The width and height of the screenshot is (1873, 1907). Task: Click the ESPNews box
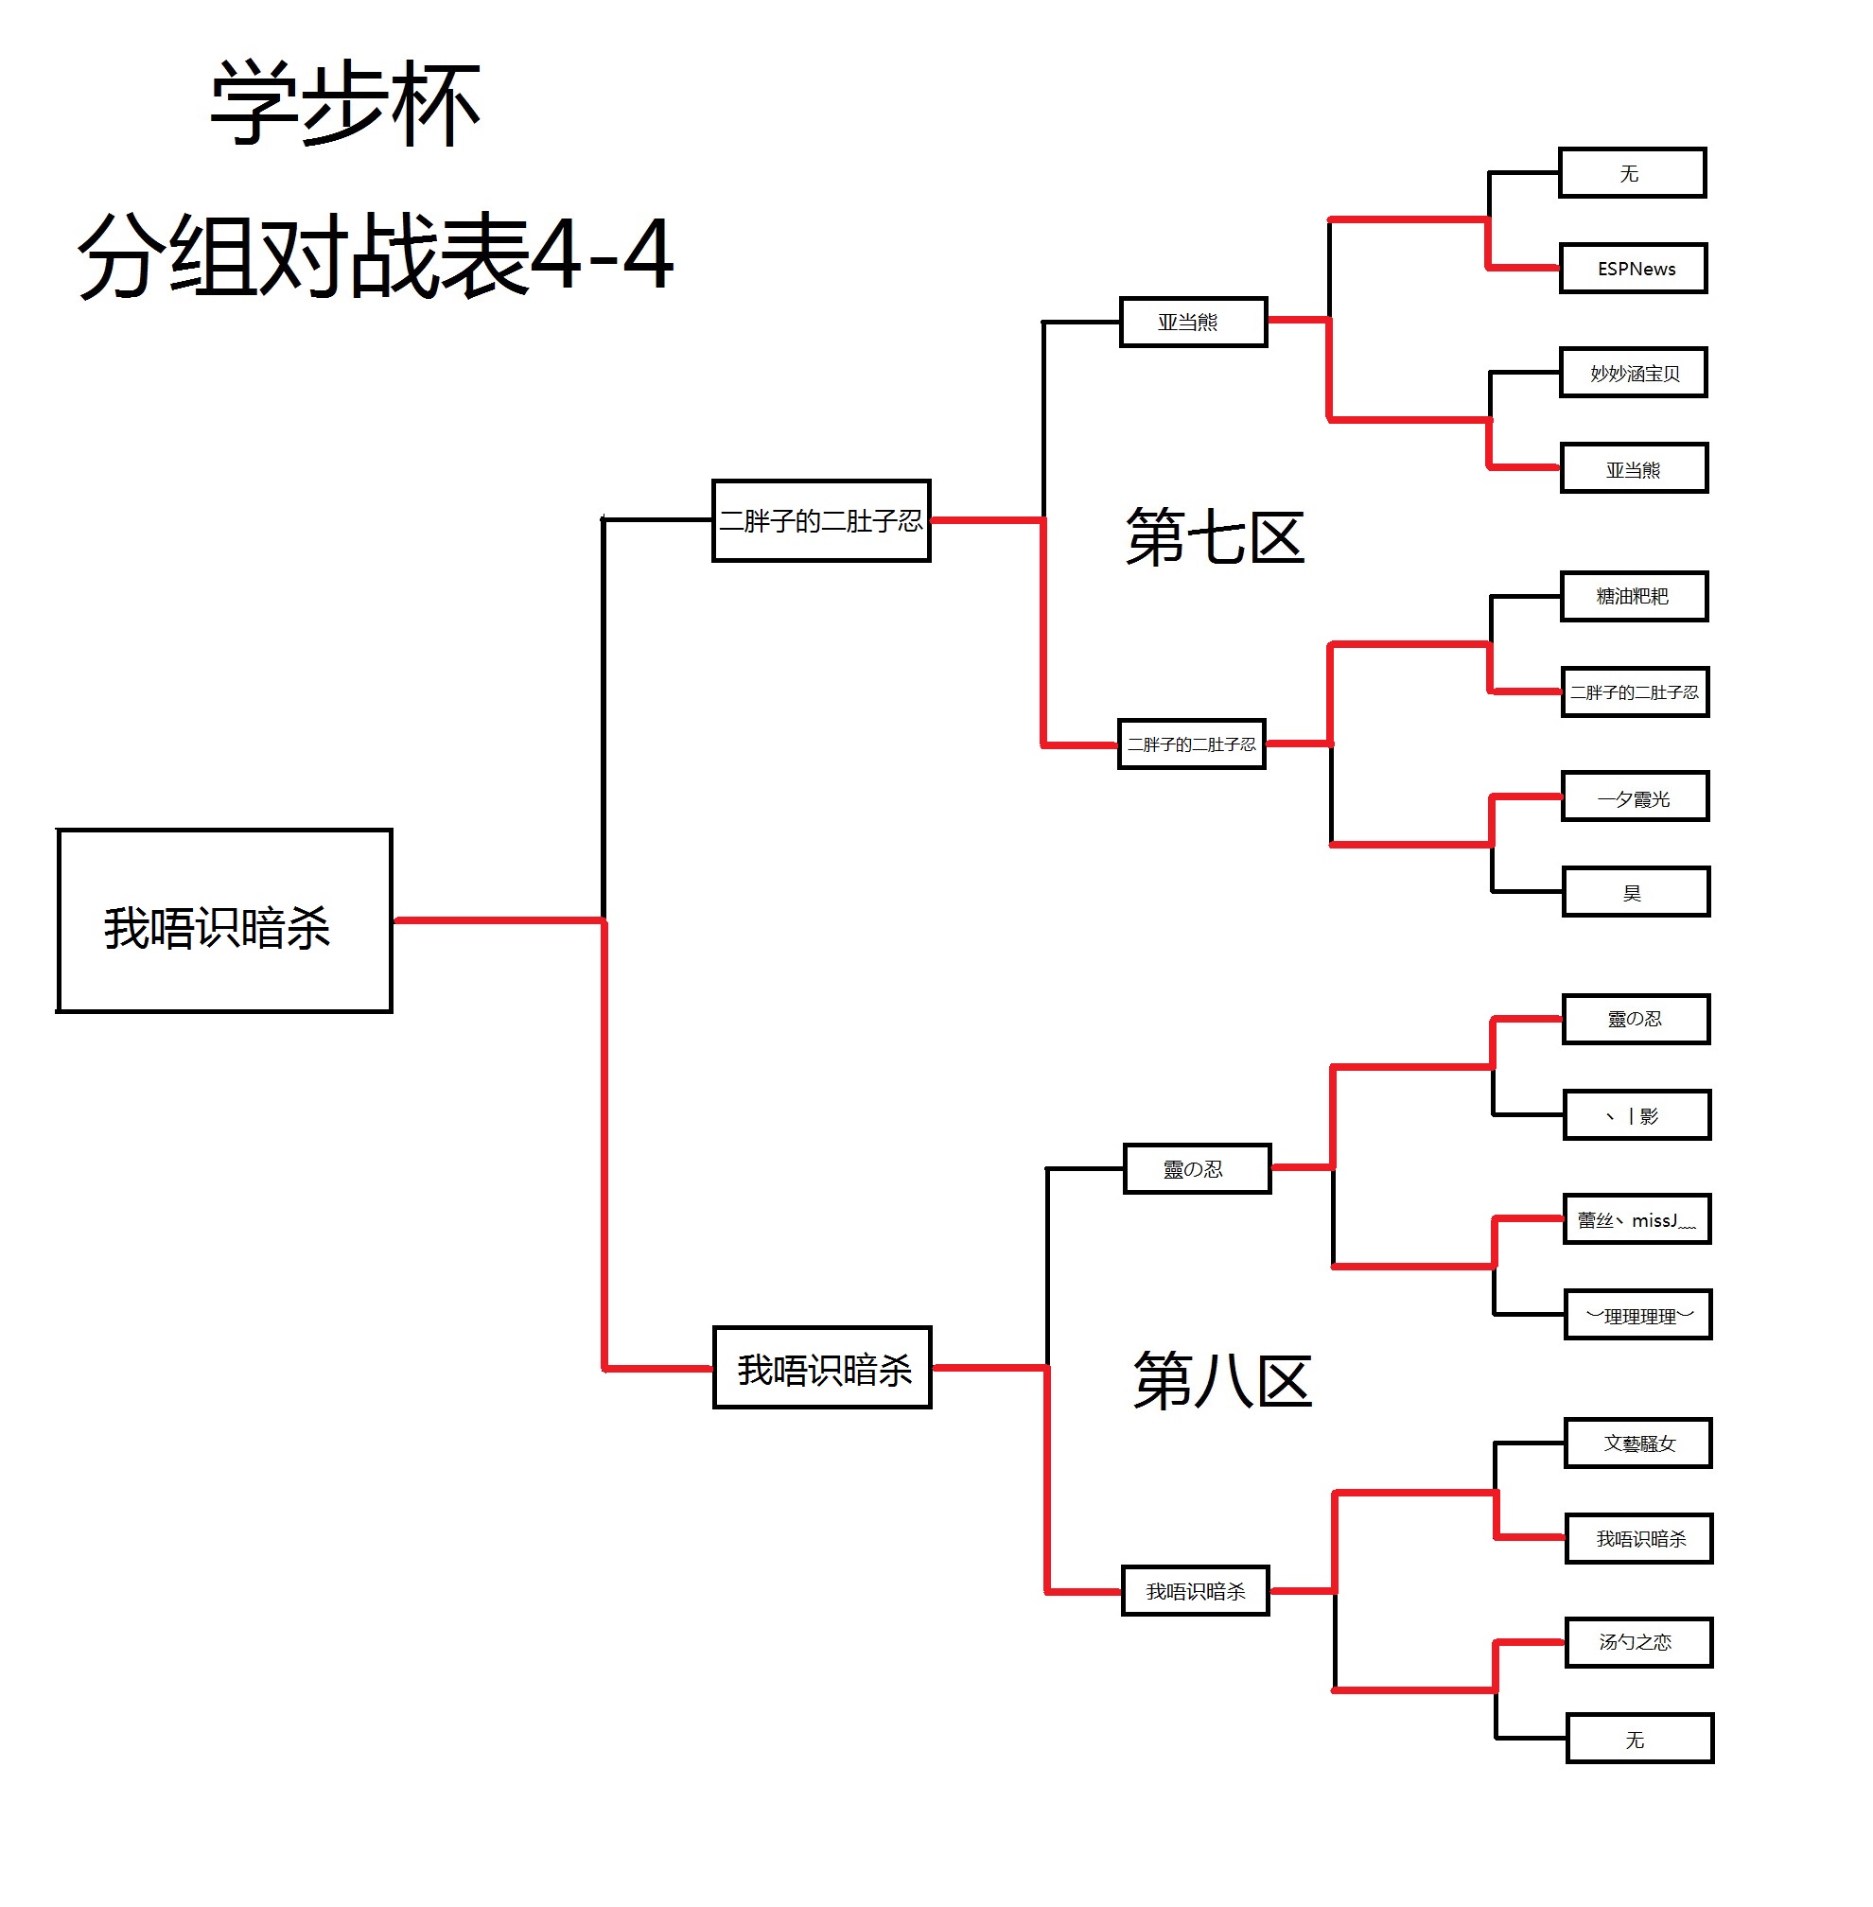click(x=1633, y=269)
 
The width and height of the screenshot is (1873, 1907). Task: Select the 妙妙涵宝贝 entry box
click(x=1633, y=373)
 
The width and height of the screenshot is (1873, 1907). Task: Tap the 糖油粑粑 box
click(x=1634, y=596)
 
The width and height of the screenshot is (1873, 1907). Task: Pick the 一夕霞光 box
click(x=1635, y=797)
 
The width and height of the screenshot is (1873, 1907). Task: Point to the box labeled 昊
click(x=1636, y=892)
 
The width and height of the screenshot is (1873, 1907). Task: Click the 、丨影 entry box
click(x=1637, y=1115)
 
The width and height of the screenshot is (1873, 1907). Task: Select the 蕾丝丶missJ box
click(x=1637, y=1219)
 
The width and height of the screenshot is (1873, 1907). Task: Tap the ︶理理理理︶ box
click(x=1637, y=1315)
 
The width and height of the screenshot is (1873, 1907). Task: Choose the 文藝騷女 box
click(x=1637, y=1443)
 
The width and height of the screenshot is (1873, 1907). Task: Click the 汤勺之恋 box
click(x=1638, y=1642)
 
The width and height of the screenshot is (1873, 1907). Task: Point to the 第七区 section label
click(x=1215, y=537)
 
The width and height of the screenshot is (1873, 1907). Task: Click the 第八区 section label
click(x=1222, y=1380)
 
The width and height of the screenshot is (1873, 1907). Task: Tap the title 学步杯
click(x=344, y=104)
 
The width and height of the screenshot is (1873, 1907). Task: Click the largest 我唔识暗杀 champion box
click(x=224, y=921)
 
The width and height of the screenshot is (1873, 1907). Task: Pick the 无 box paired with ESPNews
click(x=1632, y=173)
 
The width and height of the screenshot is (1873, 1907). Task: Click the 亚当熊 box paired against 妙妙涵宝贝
click(x=1634, y=469)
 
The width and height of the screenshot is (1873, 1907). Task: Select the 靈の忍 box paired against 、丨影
click(x=1636, y=1019)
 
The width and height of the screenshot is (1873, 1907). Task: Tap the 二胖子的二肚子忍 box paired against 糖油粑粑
click(x=1635, y=691)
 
